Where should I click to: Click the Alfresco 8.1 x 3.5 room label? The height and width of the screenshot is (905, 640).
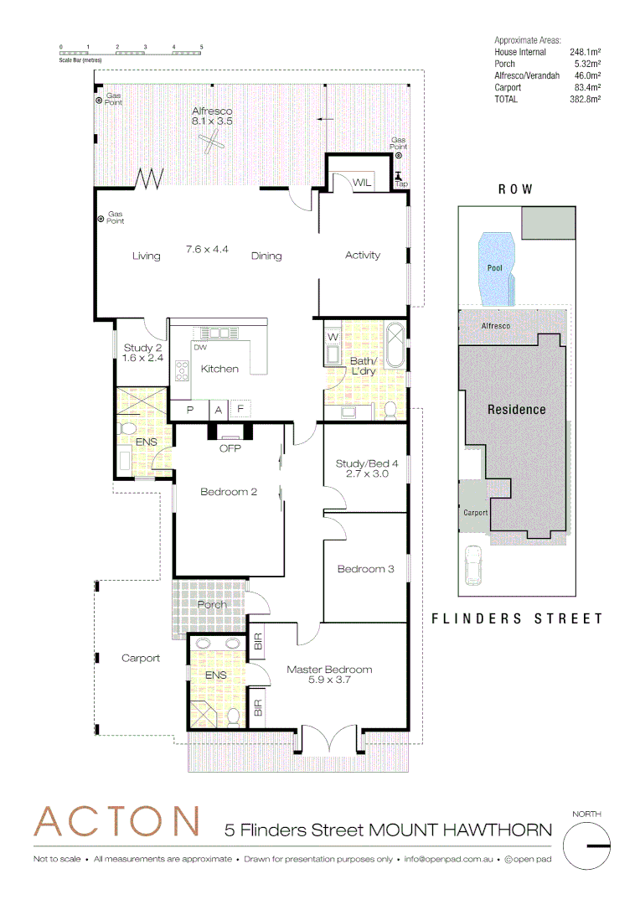(x=212, y=116)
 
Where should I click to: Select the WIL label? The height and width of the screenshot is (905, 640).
(x=362, y=183)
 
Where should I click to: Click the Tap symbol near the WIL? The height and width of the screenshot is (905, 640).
(x=399, y=178)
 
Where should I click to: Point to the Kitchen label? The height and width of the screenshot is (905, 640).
(x=219, y=369)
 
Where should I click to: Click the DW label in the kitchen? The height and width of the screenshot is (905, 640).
(x=200, y=347)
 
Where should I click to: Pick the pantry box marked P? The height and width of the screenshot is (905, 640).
(x=190, y=410)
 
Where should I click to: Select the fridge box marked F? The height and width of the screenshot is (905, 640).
(x=240, y=410)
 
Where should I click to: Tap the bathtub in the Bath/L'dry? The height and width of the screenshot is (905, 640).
(x=395, y=344)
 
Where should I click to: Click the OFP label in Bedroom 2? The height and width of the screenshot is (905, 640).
(x=230, y=448)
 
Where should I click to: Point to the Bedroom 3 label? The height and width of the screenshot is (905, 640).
(x=365, y=570)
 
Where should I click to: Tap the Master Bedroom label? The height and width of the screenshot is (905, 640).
(x=329, y=675)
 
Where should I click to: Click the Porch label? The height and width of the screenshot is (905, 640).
(x=212, y=605)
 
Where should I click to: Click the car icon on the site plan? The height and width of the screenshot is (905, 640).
(x=473, y=567)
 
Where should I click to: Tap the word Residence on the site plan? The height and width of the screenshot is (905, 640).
(x=517, y=410)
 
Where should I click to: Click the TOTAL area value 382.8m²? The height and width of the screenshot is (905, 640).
(x=586, y=99)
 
